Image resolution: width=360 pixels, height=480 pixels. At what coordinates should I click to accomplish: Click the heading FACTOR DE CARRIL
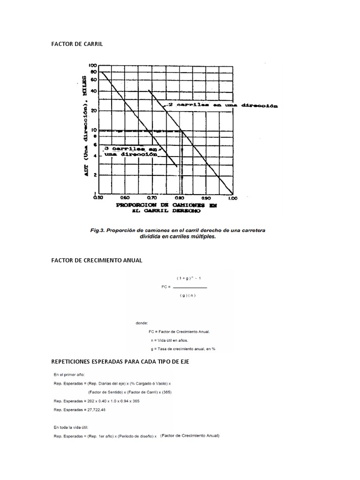pyautogui.click(x=77, y=44)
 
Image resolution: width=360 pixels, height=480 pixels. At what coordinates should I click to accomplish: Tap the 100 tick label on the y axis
pyautogui.click(x=93, y=65)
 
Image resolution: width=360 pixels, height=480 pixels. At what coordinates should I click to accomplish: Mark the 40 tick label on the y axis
pyautogui.click(x=93, y=90)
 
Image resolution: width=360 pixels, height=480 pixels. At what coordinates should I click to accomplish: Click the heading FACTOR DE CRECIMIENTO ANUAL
pyautogui.click(x=97, y=260)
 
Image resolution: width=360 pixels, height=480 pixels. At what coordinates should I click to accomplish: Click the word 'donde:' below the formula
pyautogui.click(x=142, y=322)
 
